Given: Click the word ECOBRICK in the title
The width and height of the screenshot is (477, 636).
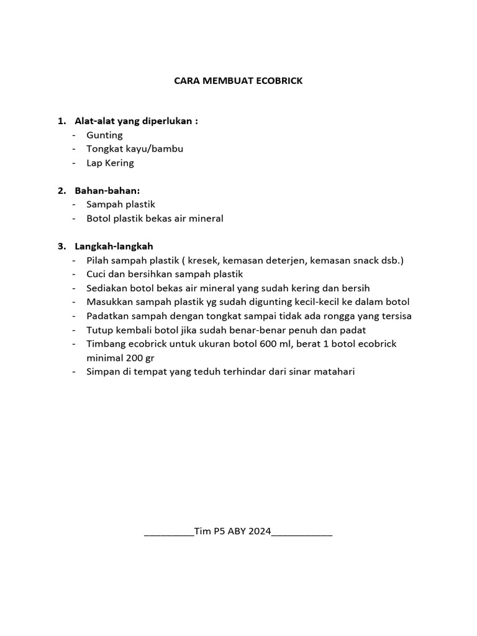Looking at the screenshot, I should point(279,81).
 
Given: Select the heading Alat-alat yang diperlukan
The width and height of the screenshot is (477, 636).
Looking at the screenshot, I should point(136,120).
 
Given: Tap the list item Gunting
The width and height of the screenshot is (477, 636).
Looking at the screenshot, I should point(104,135).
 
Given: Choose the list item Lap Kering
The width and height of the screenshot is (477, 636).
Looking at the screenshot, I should point(110,163).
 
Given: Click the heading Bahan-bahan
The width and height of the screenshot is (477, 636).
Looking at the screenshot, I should point(107,190).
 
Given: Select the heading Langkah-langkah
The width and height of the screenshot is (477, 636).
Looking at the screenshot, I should point(114,246).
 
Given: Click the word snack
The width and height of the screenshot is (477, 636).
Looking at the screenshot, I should point(365,260).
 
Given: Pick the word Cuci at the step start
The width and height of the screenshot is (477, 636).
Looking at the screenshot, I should point(97,274).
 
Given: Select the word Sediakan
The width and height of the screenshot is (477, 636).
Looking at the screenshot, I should point(107,288).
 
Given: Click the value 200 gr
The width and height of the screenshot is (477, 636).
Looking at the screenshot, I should point(139,358).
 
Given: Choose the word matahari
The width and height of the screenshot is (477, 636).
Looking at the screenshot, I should point(335,372).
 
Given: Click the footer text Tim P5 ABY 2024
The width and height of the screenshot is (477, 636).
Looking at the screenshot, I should point(232,532).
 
